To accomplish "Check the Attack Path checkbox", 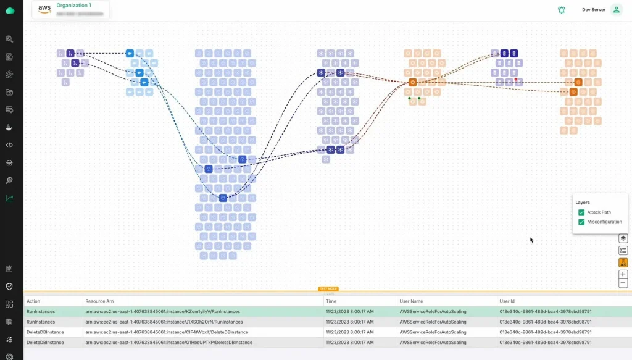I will [x=581, y=212].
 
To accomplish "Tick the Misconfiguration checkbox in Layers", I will [x=581, y=222].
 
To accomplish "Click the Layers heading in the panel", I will [x=583, y=202].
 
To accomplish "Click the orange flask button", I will [x=623, y=262].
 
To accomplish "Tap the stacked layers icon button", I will [x=623, y=238].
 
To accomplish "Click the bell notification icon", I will [x=561, y=10].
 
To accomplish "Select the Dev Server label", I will [x=593, y=10].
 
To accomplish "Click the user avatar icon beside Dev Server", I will [x=616, y=10].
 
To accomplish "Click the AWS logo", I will [x=44, y=9].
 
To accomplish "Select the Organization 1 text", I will [x=73, y=6].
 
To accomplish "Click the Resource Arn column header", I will [x=99, y=301].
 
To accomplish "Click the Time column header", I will [x=331, y=301].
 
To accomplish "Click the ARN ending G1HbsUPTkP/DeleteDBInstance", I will [x=167, y=342].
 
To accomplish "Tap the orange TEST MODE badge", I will [x=328, y=288].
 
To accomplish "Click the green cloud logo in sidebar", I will [x=10, y=10].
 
